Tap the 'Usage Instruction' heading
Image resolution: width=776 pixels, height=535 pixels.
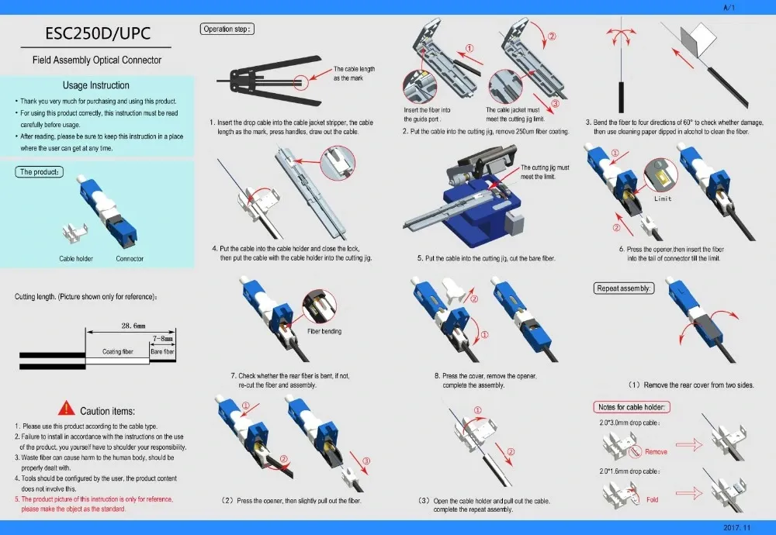pos(96,85)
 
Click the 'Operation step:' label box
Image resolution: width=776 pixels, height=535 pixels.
pos(228,29)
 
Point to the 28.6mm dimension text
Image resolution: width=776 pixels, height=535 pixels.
pos(133,326)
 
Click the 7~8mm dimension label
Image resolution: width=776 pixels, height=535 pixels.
pos(164,339)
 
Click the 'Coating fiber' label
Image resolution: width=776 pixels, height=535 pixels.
pos(118,352)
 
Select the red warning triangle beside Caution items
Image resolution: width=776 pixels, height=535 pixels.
pos(67,409)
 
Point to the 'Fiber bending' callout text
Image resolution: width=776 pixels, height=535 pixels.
pos(324,331)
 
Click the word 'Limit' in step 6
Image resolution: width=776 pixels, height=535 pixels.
pos(663,199)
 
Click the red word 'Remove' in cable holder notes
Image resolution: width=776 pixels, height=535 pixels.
pos(656,451)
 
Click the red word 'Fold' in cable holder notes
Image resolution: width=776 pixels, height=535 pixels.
pos(652,499)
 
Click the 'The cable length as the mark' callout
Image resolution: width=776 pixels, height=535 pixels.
pos(354,74)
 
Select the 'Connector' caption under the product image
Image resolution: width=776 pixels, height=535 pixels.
pos(130,258)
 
